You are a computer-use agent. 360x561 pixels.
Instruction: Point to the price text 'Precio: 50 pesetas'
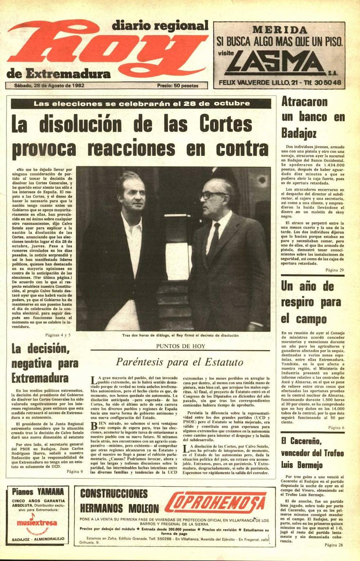pyautogui.click(x=177, y=86)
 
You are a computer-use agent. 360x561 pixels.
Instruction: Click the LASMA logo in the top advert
pyautogui.click(x=278, y=61)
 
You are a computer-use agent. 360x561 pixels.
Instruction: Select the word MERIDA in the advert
pyautogui.click(x=280, y=30)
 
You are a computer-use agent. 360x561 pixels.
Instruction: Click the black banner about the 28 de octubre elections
pyautogui.click(x=141, y=104)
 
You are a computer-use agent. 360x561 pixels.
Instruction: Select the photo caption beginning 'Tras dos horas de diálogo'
pyautogui.click(x=180, y=335)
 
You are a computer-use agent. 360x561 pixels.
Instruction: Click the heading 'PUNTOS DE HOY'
pyautogui.click(x=180, y=346)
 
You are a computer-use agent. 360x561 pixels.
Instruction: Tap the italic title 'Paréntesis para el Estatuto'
pyautogui.click(x=180, y=362)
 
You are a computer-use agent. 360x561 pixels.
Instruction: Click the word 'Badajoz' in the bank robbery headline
pyautogui.click(x=299, y=133)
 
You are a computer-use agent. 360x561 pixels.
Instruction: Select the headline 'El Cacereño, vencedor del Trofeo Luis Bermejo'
pyautogui.click(x=312, y=453)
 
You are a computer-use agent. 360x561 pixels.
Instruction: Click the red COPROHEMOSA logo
pyautogui.click(x=215, y=504)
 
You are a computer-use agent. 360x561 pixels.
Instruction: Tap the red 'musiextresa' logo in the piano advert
pyautogui.click(x=37, y=522)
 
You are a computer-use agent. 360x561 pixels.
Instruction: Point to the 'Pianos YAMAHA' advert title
pyautogui.click(x=38, y=491)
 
